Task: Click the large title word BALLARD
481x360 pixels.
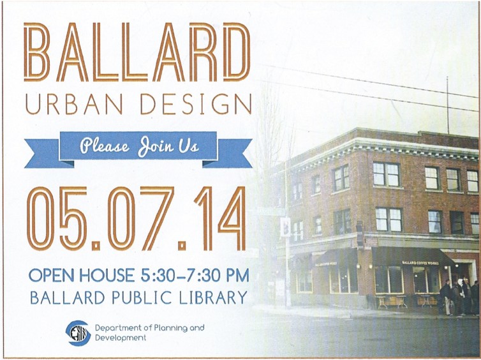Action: click(137, 52)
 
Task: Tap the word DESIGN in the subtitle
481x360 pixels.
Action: click(196, 104)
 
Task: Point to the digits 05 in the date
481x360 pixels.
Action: click(57, 218)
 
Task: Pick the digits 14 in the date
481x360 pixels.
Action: click(220, 218)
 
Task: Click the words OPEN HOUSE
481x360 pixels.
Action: click(82, 275)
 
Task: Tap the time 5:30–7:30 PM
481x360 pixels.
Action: click(195, 275)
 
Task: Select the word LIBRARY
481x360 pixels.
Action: click(213, 297)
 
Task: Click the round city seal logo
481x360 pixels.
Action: click(78, 333)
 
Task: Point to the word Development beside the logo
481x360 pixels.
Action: click(121, 338)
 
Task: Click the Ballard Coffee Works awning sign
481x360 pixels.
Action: click(420, 263)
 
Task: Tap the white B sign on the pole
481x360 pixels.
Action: click(285, 227)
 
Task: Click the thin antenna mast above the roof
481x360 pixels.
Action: click(448, 105)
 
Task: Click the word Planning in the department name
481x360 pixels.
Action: click(170, 328)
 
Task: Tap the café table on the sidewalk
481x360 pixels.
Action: click(383, 302)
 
